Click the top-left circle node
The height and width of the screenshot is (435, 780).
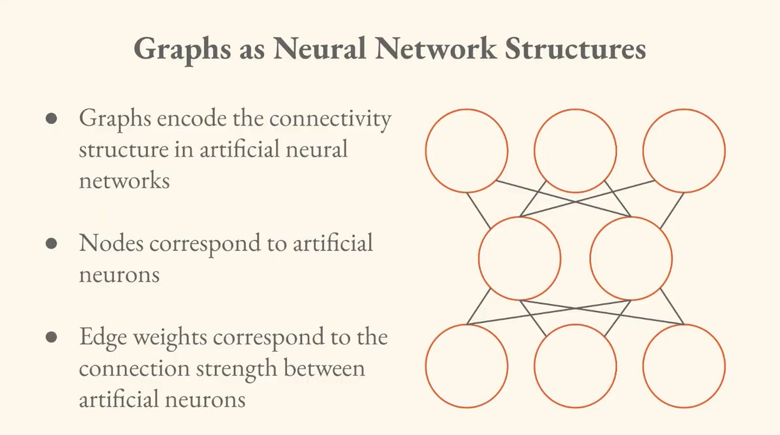pos(467,151)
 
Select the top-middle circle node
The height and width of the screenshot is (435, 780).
pos(575,151)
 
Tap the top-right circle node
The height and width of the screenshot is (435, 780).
pos(684,151)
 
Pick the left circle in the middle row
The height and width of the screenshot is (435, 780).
pos(520,259)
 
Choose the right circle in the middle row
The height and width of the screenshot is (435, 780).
pos(631,259)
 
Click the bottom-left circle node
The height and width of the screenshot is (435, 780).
pos(467,366)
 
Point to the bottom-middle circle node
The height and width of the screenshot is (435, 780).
pos(575,366)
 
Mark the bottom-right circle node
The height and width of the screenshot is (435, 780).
pos(684,366)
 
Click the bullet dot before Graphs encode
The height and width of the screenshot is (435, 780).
pos(51,119)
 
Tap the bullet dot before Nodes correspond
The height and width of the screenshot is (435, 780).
pos(51,244)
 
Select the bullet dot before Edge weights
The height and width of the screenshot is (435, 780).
pos(51,337)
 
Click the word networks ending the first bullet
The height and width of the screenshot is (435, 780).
pos(124,181)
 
